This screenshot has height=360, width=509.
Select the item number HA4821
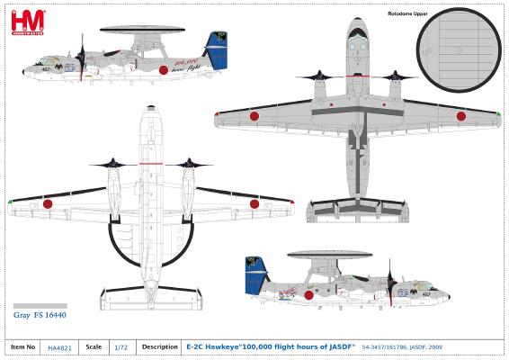[60, 346]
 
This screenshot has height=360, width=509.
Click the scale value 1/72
[119, 346]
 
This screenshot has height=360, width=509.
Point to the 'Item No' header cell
[23, 346]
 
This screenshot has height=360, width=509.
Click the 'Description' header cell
[159, 346]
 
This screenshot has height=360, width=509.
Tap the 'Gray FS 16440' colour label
[40, 315]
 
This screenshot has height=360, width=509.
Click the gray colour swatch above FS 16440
[40, 306]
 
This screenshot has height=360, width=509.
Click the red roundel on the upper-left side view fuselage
[163, 69]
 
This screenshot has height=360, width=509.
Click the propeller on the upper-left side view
[83, 58]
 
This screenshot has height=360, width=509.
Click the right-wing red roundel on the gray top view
[463, 114]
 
